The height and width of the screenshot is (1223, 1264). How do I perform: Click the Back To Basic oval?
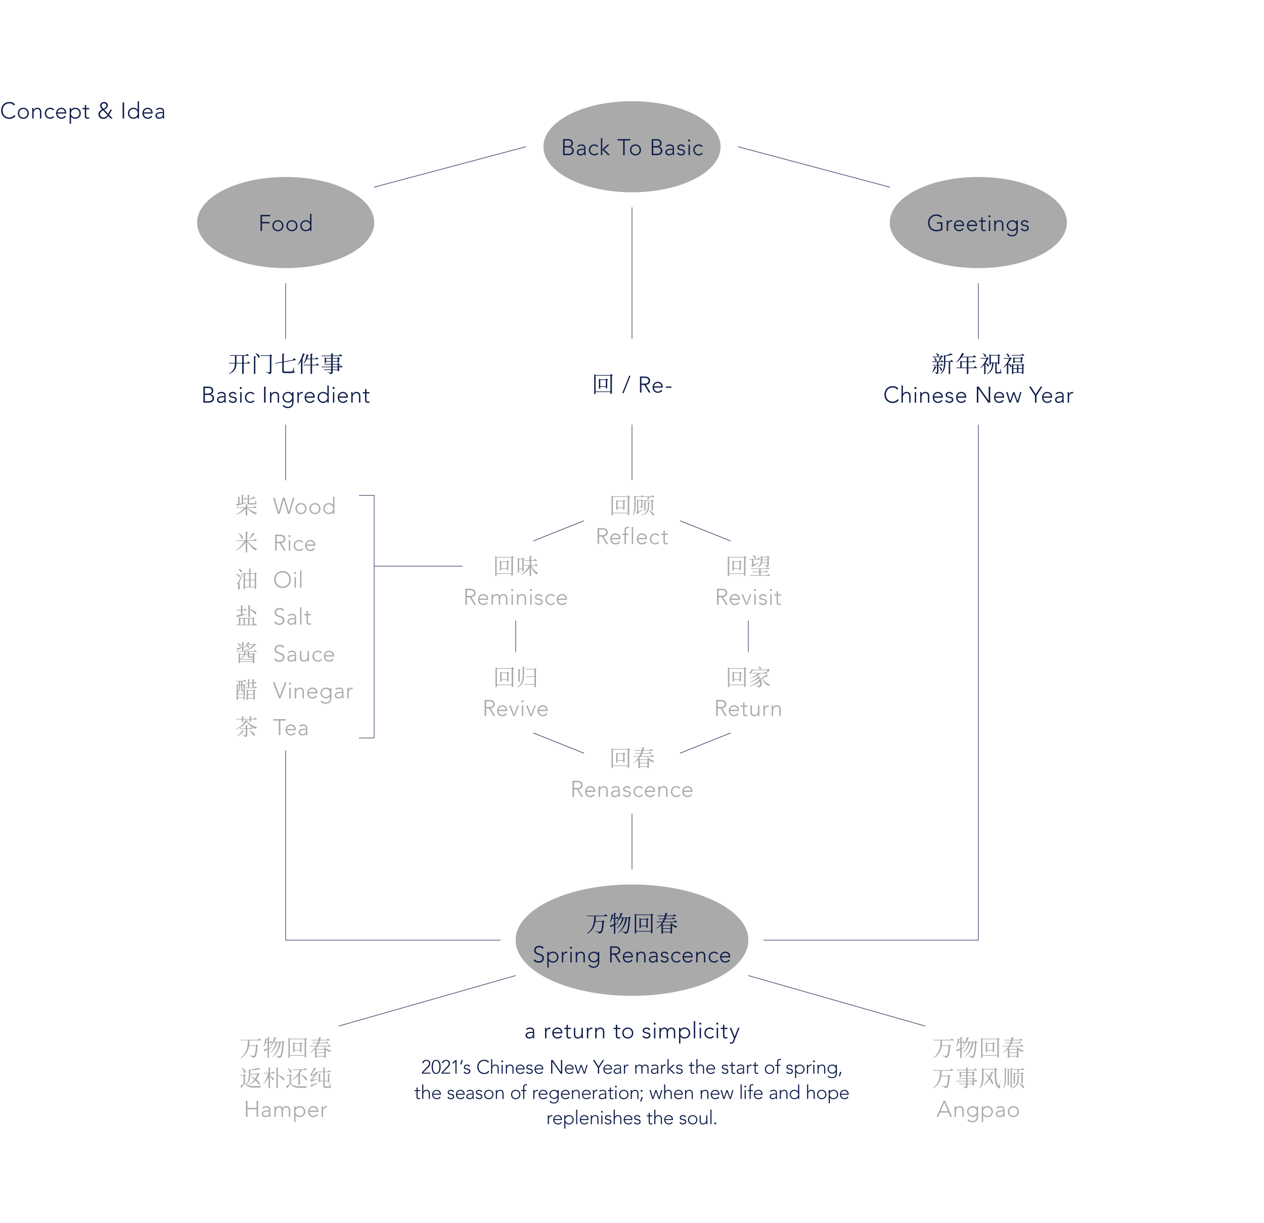pos(631,147)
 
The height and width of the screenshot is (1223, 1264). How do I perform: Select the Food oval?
pos(285,223)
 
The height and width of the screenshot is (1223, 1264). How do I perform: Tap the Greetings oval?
pos(978,223)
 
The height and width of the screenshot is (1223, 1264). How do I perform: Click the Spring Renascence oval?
pos(631,940)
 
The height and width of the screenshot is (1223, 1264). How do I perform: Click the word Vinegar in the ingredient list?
pos(313,691)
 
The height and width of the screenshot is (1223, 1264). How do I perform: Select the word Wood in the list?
pos(304,506)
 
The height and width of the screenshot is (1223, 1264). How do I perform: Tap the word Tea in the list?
pos(291,728)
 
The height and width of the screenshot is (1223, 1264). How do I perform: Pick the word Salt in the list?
pos(292,617)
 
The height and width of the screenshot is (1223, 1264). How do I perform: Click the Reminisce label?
pos(515,598)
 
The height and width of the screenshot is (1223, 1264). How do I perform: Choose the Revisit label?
pos(748,598)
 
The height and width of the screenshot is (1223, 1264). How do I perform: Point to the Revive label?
pos(515,709)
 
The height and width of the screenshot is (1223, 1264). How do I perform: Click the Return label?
pos(748,709)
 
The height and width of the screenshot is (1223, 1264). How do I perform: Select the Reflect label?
pos(631,536)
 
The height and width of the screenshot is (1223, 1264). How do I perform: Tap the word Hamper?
pos(286,1109)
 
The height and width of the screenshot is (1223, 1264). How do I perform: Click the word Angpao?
pos(978,1109)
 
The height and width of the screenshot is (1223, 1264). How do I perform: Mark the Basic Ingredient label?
pos(286,395)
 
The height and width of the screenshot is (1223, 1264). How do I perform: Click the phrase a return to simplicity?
pos(631,1031)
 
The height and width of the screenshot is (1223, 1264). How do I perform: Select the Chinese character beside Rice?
pos(246,543)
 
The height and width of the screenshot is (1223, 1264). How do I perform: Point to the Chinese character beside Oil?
pos(246,580)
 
